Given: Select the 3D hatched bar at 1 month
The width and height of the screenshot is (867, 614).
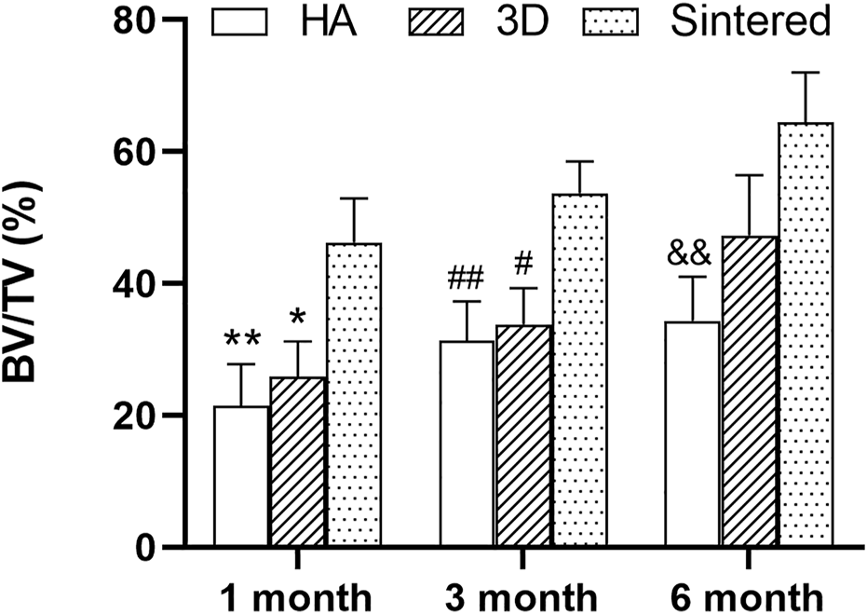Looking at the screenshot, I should [x=297, y=461].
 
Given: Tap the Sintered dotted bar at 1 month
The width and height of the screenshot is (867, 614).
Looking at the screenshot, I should [x=353, y=394].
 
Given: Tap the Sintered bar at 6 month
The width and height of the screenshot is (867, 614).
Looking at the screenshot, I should [x=805, y=334].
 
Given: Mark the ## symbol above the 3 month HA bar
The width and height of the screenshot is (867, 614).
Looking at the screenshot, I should [x=467, y=279].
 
